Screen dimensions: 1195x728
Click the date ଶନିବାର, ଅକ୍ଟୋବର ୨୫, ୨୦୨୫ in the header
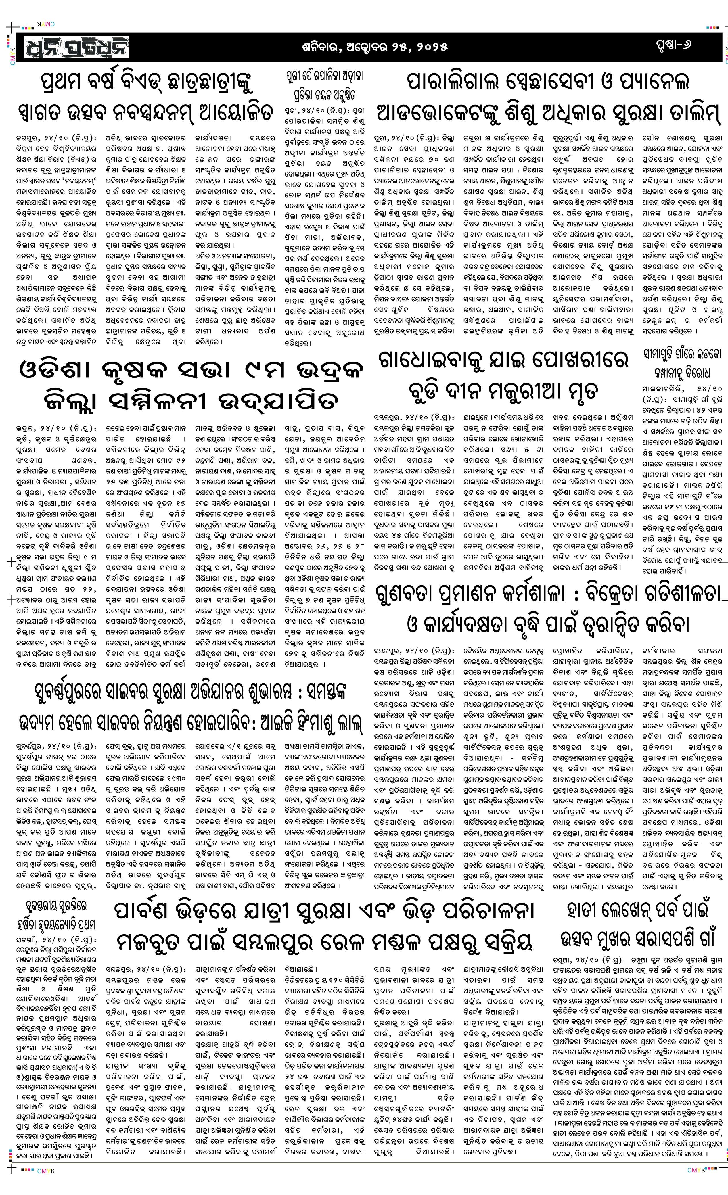(373, 47)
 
